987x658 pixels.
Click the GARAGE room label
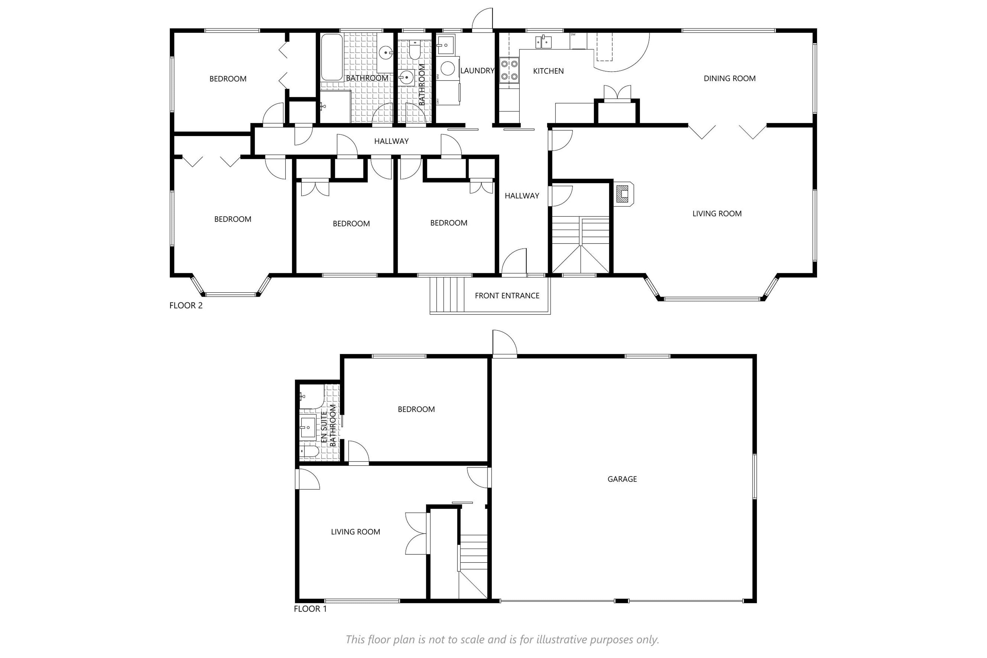click(x=622, y=479)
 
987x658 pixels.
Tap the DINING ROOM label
click(x=729, y=78)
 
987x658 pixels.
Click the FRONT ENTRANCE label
click(x=507, y=296)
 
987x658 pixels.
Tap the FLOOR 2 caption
click(x=186, y=306)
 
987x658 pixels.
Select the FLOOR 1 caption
click(x=310, y=609)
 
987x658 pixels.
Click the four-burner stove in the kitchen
click(x=509, y=70)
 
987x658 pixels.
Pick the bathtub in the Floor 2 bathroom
click(x=332, y=58)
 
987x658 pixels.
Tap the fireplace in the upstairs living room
click(x=624, y=194)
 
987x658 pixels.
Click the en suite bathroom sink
click(x=308, y=427)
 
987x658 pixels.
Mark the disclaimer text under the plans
click(x=502, y=639)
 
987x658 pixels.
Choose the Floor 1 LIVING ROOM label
click(x=355, y=532)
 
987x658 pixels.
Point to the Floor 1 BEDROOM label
click(x=416, y=409)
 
